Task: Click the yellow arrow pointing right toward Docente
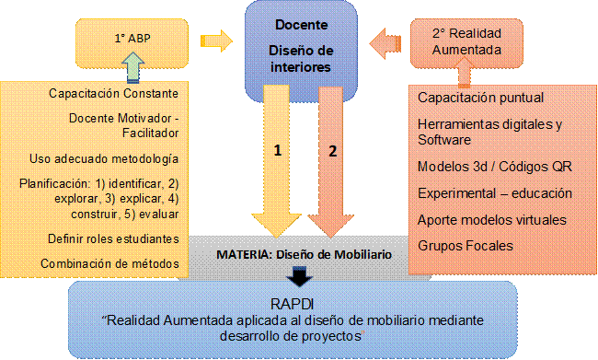pos(217,41)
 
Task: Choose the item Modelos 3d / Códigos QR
pos(486,168)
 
